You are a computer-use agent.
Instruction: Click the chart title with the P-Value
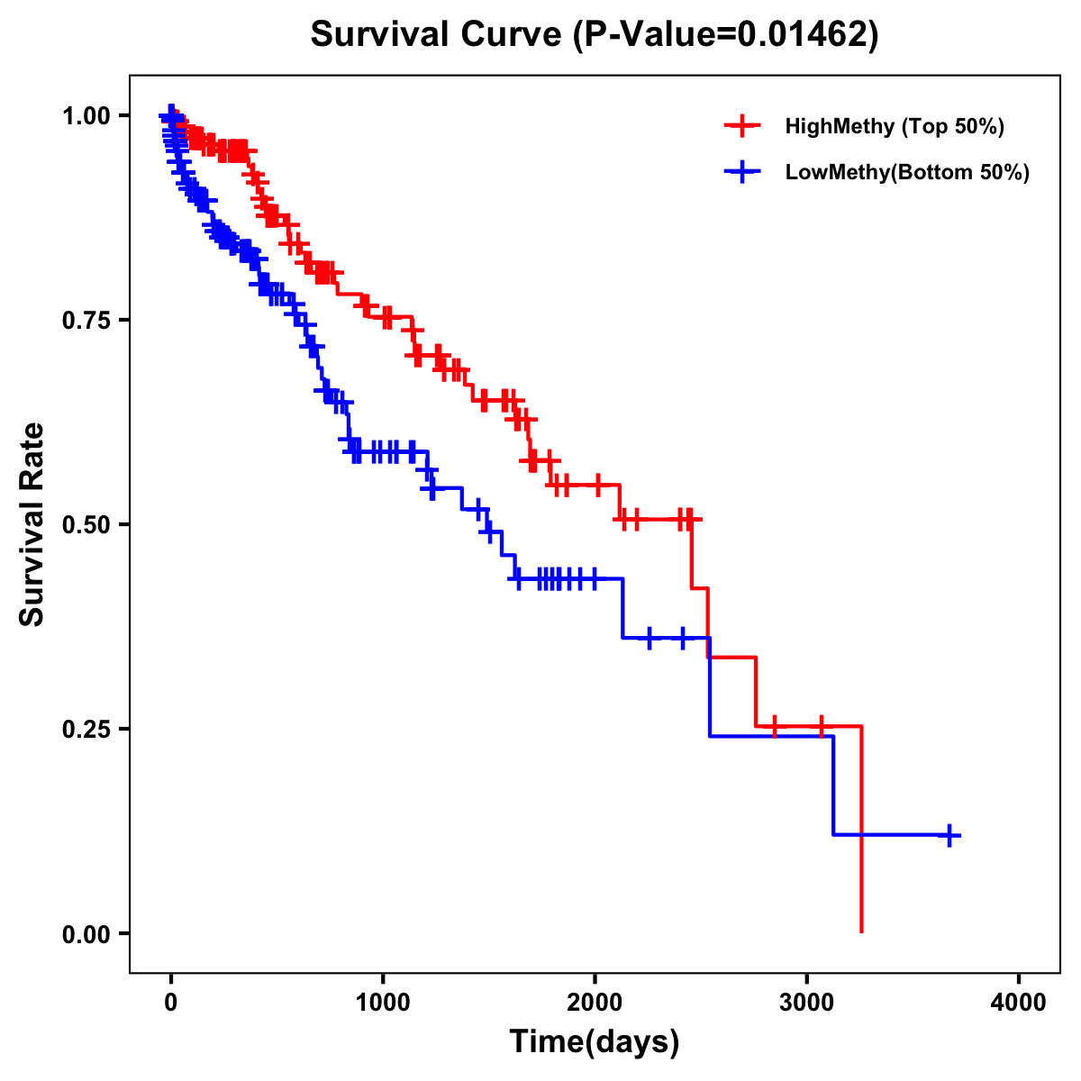594,34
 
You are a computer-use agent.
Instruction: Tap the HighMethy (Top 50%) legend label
894,126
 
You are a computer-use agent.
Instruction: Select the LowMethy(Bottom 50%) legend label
906,172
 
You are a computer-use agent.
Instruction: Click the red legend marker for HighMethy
742,126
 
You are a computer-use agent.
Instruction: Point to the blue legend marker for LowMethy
742,172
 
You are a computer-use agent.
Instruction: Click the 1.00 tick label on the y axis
86,116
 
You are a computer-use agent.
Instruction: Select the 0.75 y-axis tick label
86,321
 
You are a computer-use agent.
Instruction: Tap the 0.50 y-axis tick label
86,525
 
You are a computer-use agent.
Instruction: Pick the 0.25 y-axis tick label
86,729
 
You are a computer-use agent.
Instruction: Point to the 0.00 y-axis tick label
86,934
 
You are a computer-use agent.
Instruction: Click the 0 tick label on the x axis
171,1003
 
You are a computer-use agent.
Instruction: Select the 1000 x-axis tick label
383,1003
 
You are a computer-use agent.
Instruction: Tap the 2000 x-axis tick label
595,1003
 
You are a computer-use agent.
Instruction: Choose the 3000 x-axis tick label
807,1003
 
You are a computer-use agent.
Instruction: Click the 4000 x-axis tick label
1019,1003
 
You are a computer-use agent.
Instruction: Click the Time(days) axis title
595,1042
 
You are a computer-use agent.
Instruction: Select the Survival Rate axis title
32,524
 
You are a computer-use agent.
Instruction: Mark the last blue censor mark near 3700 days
949,835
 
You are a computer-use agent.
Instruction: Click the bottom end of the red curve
862,931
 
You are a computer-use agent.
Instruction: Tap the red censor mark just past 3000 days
822,726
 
